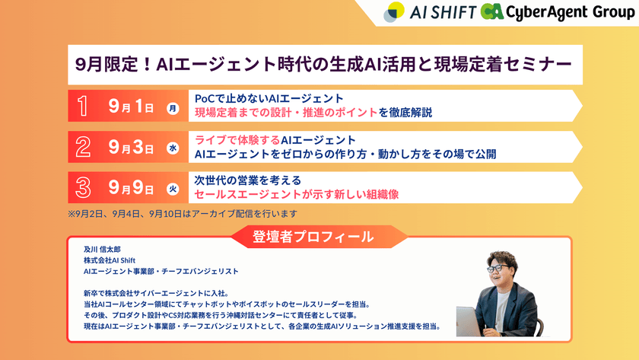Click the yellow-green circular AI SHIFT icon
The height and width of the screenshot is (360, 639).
(x=394, y=12)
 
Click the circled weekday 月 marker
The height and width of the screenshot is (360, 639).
(x=173, y=107)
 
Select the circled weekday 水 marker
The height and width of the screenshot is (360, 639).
(x=173, y=148)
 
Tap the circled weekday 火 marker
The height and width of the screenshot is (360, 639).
(x=173, y=189)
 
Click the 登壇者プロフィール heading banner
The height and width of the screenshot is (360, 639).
(x=313, y=237)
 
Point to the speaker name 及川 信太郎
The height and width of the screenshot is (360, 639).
(x=103, y=249)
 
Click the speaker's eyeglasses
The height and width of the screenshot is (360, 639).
(x=498, y=269)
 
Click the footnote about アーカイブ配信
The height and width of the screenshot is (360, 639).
(x=182, y=214)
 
